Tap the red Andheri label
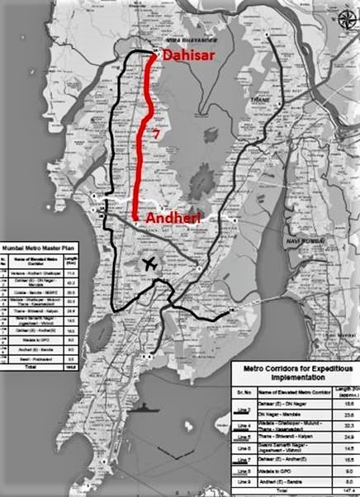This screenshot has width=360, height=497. (x=175, y=217)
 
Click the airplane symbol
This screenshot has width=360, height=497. (x=149, y=264)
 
